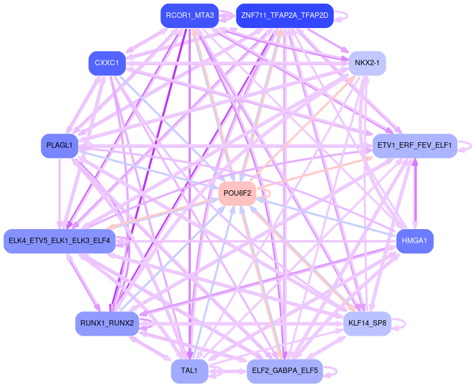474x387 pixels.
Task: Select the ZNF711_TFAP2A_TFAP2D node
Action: tap(284, 16)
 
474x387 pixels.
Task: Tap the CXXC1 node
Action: tap(107, 63)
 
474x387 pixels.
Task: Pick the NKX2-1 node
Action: tap(367, 63)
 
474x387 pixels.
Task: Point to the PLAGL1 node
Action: tap(60, 146)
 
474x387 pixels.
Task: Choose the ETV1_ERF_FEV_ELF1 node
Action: tap(414, 146)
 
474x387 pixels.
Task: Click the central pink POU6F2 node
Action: tap(237, 193)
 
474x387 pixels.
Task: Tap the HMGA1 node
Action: tap(414, 240)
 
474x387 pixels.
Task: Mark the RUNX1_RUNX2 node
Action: tap(107, 323)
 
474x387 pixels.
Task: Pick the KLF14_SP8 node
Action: tap(367, 323)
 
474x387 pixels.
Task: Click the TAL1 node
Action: tap(190, 371)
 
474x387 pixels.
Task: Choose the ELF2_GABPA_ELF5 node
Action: tap(284, 371)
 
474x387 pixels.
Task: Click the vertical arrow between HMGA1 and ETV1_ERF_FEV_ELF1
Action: tap(415, 193)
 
